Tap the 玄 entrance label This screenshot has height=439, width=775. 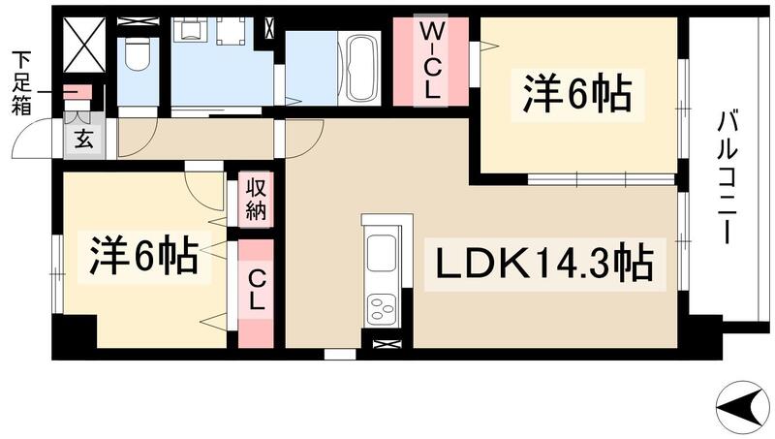point(83,139)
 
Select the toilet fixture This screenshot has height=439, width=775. point(137,56)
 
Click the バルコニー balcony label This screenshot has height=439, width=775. point(728,179)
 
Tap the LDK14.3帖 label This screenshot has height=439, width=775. point(542,264)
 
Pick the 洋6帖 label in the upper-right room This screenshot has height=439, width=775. point(578,95)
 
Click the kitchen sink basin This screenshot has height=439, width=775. point(382,254)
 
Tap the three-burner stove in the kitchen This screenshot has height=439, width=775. point(381,308)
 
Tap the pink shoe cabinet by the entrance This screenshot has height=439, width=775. point(77,94)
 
